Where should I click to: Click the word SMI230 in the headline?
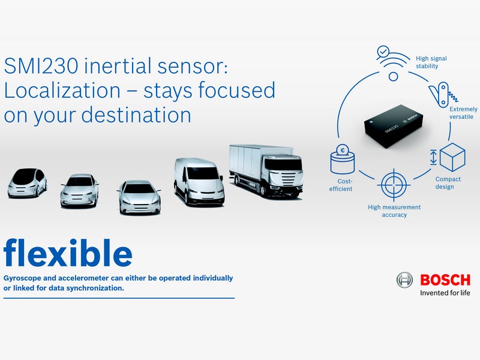tap(41, 66)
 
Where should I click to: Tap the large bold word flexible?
tap(68, 253)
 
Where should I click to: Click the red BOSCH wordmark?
tap(445, 280)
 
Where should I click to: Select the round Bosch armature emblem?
tap(404, 280)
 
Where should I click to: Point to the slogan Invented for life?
tap(445, 293)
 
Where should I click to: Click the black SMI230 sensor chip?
tap(394, 126)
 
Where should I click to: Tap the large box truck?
tap(266, 171)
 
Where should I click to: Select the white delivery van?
tap(199, 182)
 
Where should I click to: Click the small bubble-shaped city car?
tap(27, 183)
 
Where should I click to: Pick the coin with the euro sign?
tap(343, 151)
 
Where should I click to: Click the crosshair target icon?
tap(394, 185)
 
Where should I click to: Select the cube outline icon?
tap(452, 157)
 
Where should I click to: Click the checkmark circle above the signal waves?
tap(383, 52)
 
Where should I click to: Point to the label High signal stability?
tap(431, 62)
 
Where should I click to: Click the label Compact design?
tap(448, 183)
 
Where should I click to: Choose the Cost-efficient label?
tap(341, 185)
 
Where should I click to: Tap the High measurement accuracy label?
tap(394, 211)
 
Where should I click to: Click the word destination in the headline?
tap(136, 115)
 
